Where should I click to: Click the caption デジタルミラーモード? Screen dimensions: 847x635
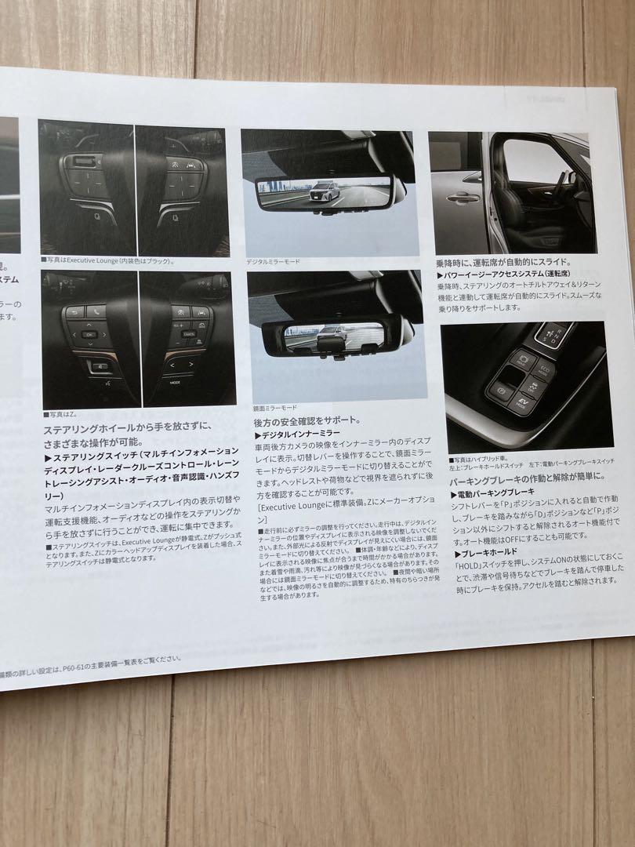(x=274, y=262)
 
